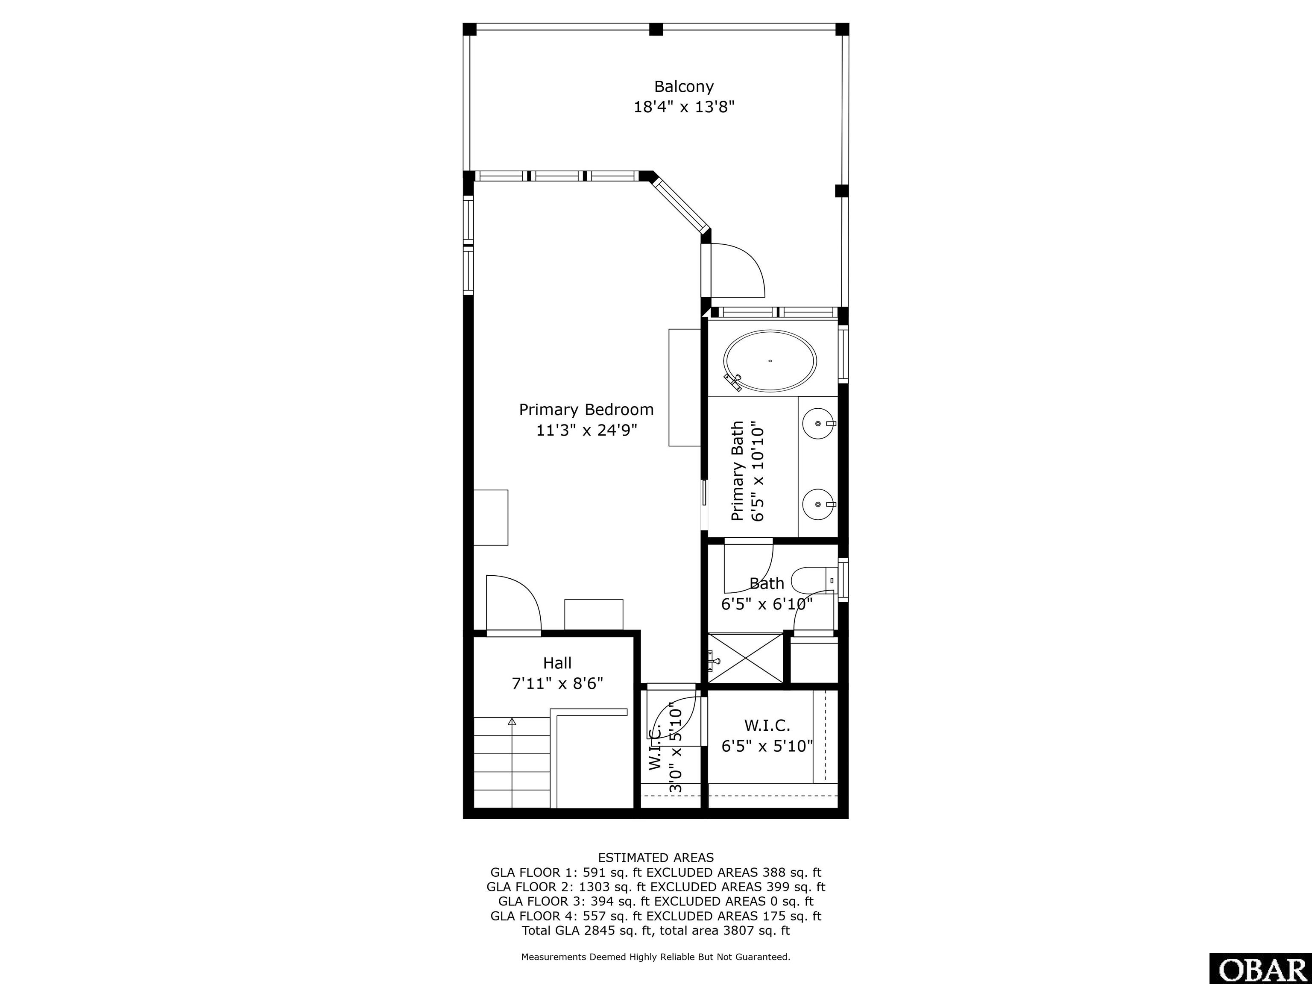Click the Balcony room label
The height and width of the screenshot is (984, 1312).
coord(683,87)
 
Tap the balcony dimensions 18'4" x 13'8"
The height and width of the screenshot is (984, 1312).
coord(684,107)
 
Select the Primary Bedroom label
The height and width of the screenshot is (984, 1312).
coord(586,410)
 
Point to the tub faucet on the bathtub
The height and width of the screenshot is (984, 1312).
coord(733,382)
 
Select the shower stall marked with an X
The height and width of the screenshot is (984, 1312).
coord(746,659)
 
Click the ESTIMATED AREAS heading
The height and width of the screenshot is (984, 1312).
coord(656,858)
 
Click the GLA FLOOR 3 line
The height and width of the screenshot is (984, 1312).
coord(656,902)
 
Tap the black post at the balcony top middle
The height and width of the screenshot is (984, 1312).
coord(656,29)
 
